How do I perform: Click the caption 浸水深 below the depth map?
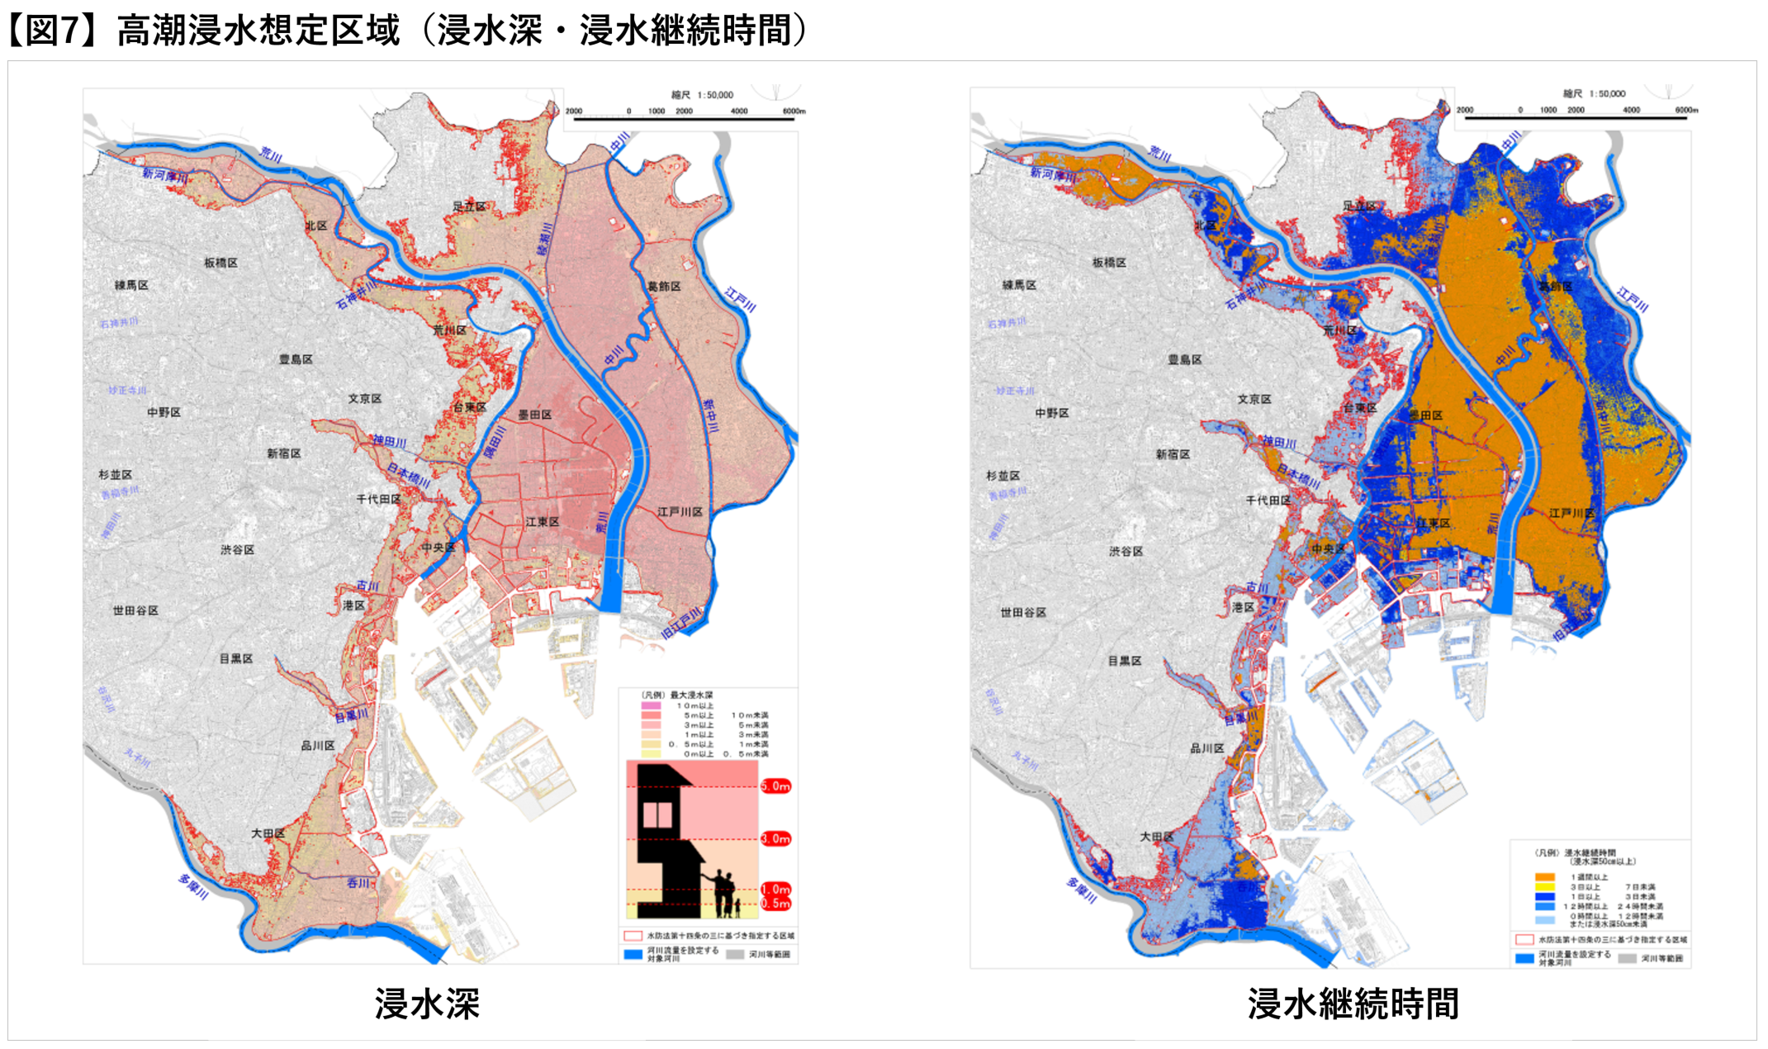(427, 1004)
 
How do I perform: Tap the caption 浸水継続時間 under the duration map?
(1353, 1004)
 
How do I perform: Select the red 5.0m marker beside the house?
(775, 786)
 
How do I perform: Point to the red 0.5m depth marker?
(775, 904)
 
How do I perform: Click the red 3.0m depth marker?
(775, 838)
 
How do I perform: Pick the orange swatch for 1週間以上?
(1545, 877)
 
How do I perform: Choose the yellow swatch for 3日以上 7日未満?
(1545, 887)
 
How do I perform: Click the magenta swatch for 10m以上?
(651, 706)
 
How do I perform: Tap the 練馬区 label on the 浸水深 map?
(131, 285)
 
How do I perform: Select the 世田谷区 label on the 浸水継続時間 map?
(1023, 612)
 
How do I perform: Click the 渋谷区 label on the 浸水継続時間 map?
(1126, 551)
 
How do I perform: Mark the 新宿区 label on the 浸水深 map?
(283, 453)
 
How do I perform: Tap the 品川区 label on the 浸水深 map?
(317, 746)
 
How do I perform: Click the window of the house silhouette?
(657, 814)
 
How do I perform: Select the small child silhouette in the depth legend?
(737, 908)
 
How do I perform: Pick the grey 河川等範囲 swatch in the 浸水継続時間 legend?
(1628, 959)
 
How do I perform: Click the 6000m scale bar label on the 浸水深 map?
(793, 111)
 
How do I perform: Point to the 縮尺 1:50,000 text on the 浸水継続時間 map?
(1594, 94)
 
